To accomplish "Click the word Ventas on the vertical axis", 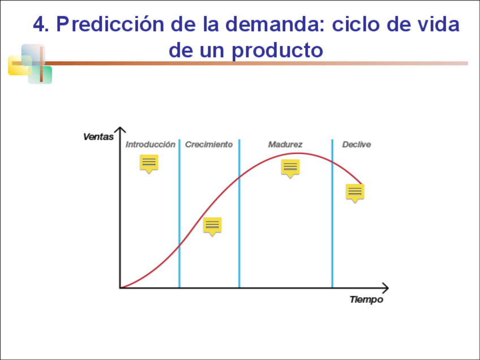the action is (x=98, y=136).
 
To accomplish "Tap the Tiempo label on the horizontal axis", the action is (x=366, y=299).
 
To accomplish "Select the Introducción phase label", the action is (x=151, y=144).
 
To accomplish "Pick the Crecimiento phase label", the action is (x=209, y=144).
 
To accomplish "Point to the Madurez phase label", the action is (x=285, y=144).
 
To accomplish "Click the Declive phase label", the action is (x=357, y=144).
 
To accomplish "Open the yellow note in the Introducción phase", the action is (x=149, y=164).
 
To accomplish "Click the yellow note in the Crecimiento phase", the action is (x=212, y=226).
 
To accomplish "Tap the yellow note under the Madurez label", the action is (x=290, y=168).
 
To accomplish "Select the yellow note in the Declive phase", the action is (x=355, y=193).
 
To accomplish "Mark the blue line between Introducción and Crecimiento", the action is (x=179, y=213).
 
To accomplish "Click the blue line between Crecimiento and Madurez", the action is (x=239, y=213).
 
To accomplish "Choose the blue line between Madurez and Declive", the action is (x=332, y=213).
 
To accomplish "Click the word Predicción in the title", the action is (x=110, y=24).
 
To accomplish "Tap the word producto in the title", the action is (x=277, y=50).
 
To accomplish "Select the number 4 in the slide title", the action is (x=38, y=24).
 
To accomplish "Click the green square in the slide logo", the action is (x=40, y=75).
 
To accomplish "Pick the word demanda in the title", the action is (x=272, y=24).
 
